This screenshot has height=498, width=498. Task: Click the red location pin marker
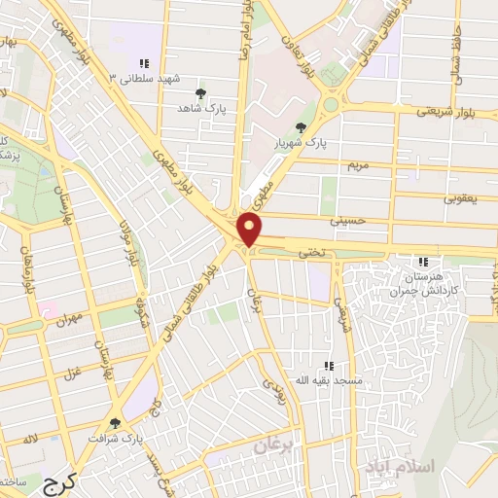(x=251, y=231)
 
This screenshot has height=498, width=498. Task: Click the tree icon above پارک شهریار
(x=302, y=127)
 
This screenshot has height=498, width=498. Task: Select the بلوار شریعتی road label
(x=442, y=112)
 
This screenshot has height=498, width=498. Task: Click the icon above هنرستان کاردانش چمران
(x=422, y=262)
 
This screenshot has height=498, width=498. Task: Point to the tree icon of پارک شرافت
(x=117, y=423)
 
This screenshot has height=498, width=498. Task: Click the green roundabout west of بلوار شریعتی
(x=332, y=104)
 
